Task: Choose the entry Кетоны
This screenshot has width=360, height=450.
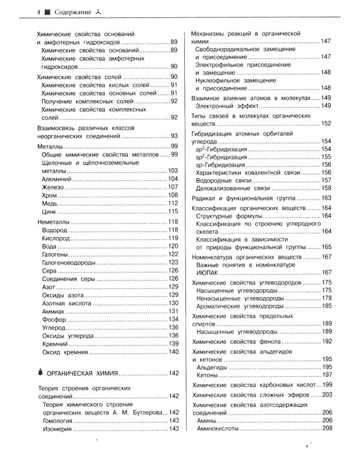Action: click(209, 374)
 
